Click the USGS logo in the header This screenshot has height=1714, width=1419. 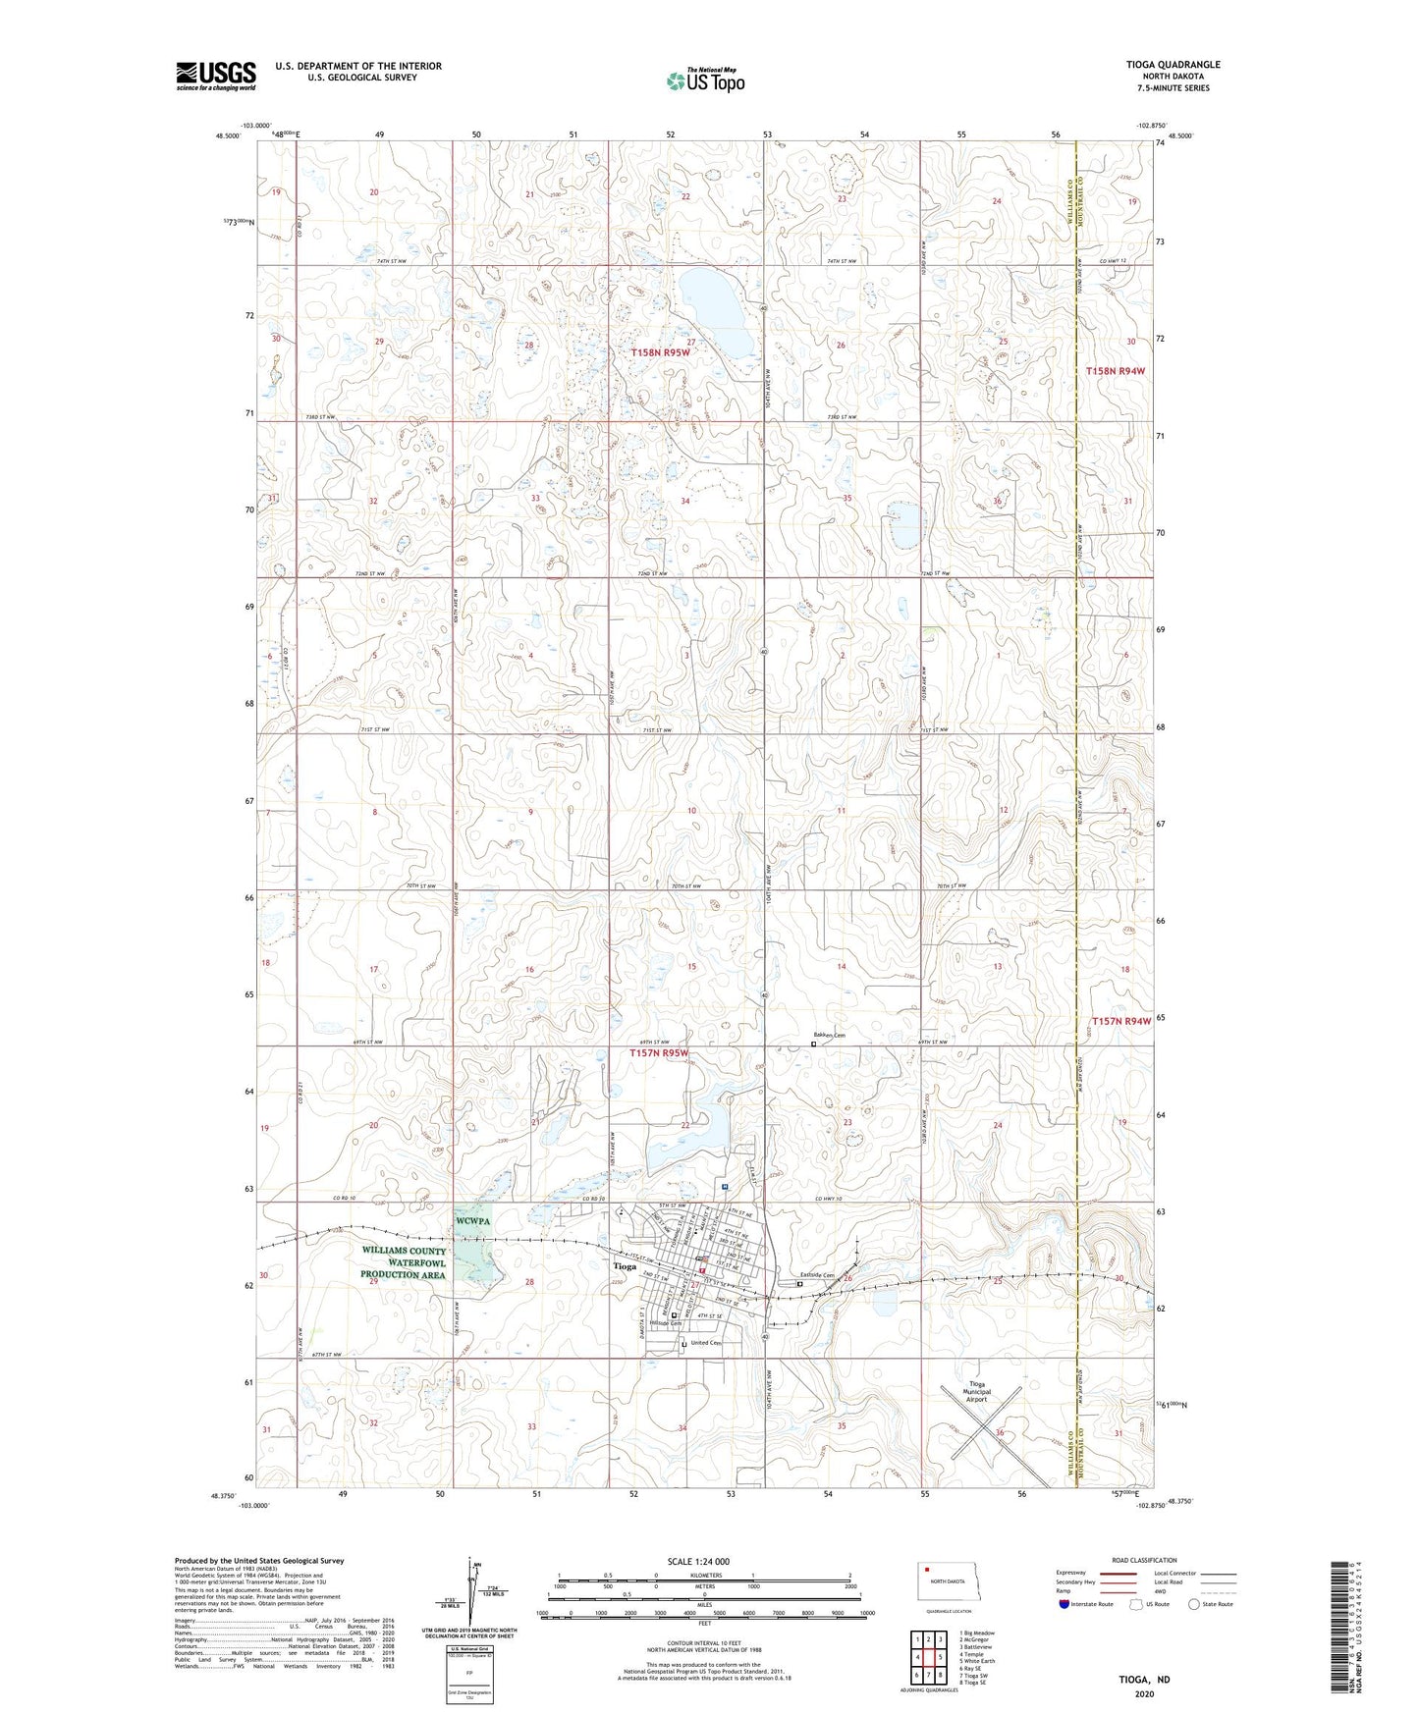[216, 76]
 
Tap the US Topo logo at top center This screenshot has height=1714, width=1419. [705, 80]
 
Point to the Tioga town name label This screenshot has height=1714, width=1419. [625, 1266]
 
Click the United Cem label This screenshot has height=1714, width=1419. [706, 1343]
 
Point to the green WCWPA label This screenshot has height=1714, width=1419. [472, 1221]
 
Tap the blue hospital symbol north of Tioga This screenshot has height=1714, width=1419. [725, 1187]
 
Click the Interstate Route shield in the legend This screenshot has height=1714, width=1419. [1065, 1604]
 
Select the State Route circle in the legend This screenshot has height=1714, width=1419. [1193, 1604]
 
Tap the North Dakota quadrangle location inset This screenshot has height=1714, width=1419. [947, 1585]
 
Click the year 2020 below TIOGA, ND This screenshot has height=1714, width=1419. [1144, 1693]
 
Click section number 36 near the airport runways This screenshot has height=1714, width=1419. [999, 1433]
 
